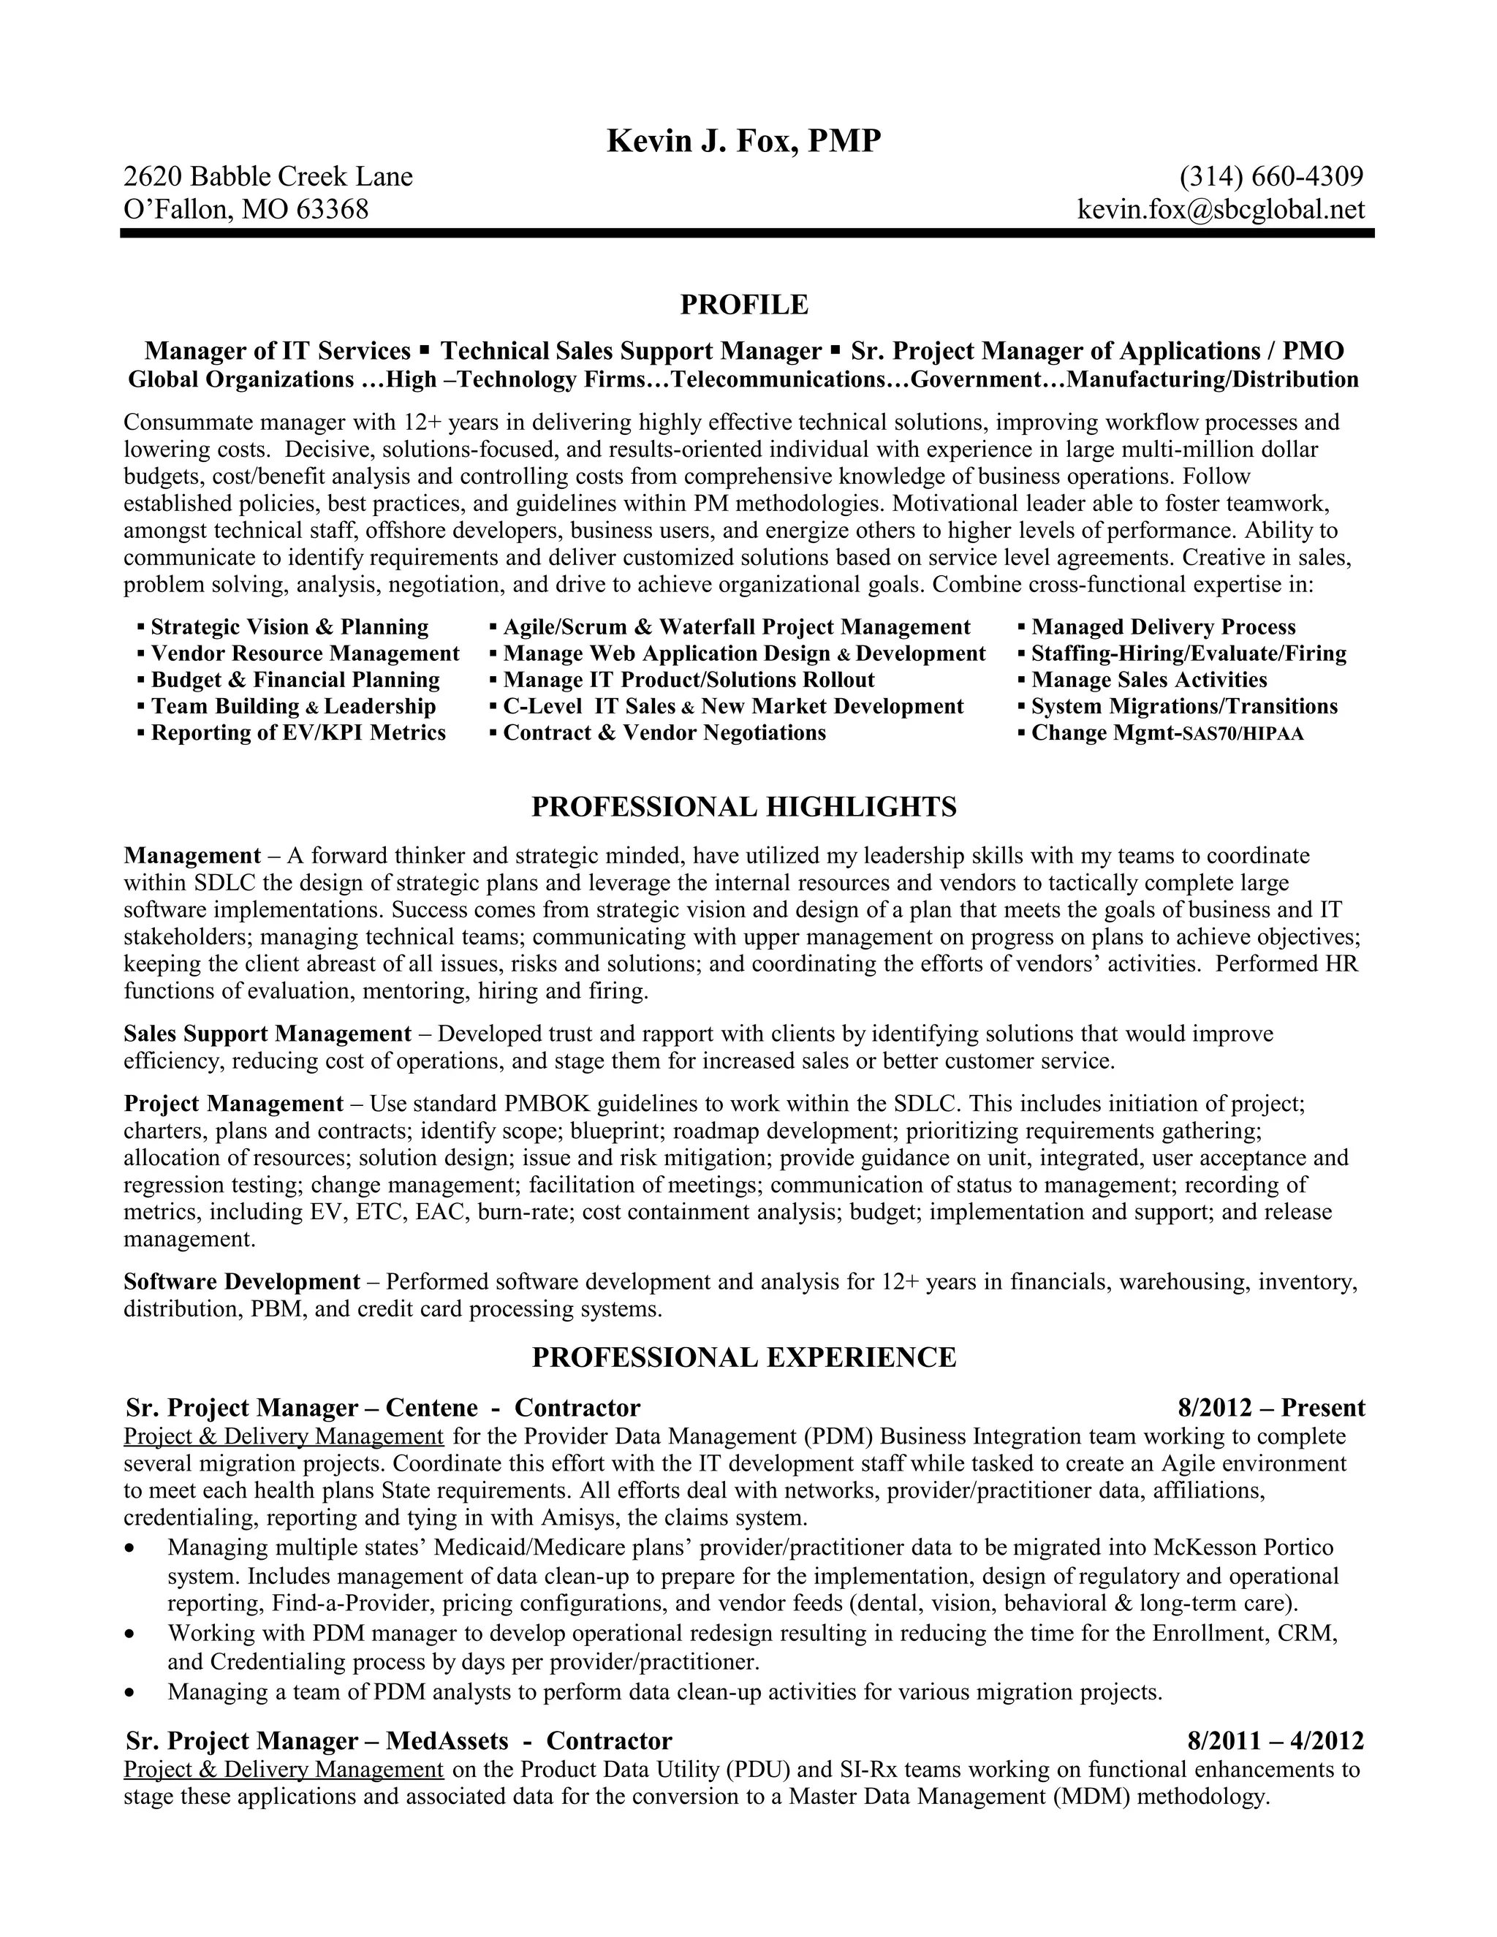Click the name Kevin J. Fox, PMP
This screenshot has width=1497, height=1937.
pos(743,141)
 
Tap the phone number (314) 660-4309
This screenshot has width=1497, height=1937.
pos(1271,176)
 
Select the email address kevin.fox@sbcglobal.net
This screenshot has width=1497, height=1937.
pos(1220,209)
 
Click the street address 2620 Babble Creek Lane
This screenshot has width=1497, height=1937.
pos(268,176)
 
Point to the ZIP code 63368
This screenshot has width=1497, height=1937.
pos(332,209)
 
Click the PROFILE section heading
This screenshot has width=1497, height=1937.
pos(744,304)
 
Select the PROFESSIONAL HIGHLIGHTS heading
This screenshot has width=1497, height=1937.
pos(743,806)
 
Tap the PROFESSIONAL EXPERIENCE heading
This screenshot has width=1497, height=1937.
pos(743,1357)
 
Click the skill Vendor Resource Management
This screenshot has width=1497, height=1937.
pos(305,653)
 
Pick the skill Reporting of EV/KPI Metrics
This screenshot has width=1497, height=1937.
pos(298,732)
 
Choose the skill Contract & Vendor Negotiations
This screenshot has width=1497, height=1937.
pos(664,732)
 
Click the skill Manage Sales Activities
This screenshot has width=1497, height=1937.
pos(1148,681)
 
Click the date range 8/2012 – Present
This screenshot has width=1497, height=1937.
pos(1271,1408)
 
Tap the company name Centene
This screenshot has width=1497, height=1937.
pos(432,1408)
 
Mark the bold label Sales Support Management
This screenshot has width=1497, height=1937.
pos(267,1034)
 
